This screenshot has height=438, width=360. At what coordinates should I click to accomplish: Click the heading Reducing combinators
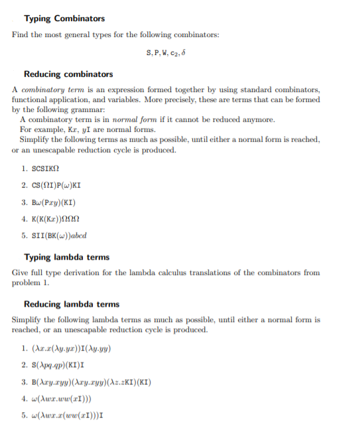(68, 74)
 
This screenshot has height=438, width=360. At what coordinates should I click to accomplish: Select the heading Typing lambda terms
(66, 256)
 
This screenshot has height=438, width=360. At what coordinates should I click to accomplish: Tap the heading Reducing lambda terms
(71, 304)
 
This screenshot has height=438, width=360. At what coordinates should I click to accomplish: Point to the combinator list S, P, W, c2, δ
(179, 52)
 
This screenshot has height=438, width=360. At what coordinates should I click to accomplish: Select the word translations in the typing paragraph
(241, 272)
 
